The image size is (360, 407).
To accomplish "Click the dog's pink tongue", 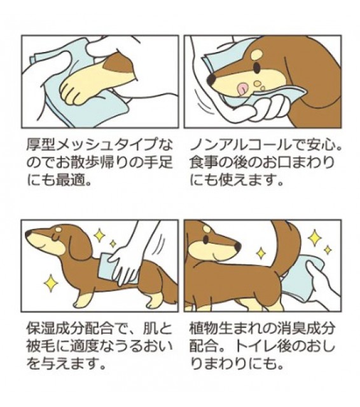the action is [242, 89].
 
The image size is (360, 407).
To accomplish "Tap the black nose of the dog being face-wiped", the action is [212, 79].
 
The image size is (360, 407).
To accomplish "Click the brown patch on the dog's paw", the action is [120, 64].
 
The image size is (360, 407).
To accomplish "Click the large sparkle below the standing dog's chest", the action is [51, 284].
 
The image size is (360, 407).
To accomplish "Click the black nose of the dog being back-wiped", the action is [28, 234].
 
